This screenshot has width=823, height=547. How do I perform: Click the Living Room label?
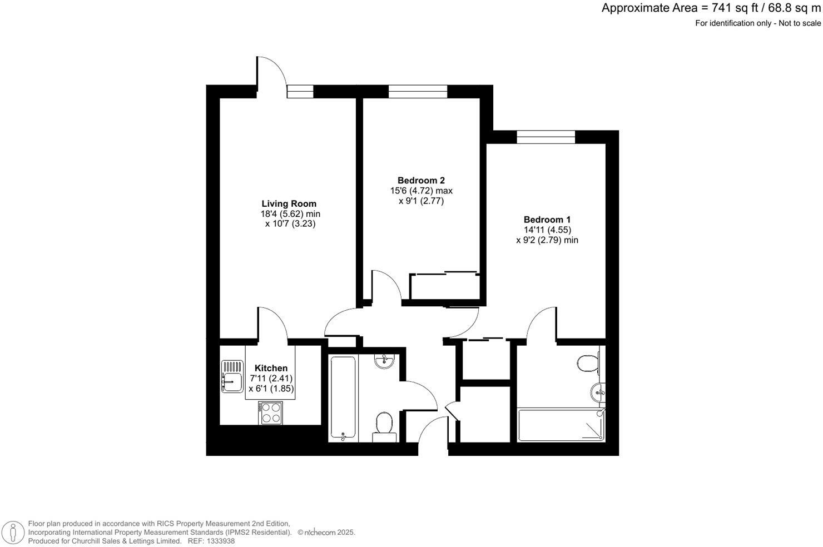click(289, 203)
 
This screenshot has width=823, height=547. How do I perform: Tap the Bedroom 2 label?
click(421, 180)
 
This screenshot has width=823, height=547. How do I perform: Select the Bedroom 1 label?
click(547, 220)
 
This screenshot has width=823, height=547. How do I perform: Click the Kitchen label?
click(271, 368)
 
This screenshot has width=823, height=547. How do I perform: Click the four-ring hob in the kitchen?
click(271, 412)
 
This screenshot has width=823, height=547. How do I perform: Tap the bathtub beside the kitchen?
click(343, 398)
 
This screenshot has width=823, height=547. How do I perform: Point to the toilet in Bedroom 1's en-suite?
click(588, 363)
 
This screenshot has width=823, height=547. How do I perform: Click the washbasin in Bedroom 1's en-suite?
click(598, 392)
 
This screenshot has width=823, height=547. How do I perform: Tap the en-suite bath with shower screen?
click(561, 425)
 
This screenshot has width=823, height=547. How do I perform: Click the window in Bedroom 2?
click(418, 91)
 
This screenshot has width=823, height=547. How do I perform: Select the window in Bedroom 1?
click(546, 137)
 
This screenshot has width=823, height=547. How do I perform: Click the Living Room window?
click(300, 91)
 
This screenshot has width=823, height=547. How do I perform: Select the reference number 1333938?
click(220, 541)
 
